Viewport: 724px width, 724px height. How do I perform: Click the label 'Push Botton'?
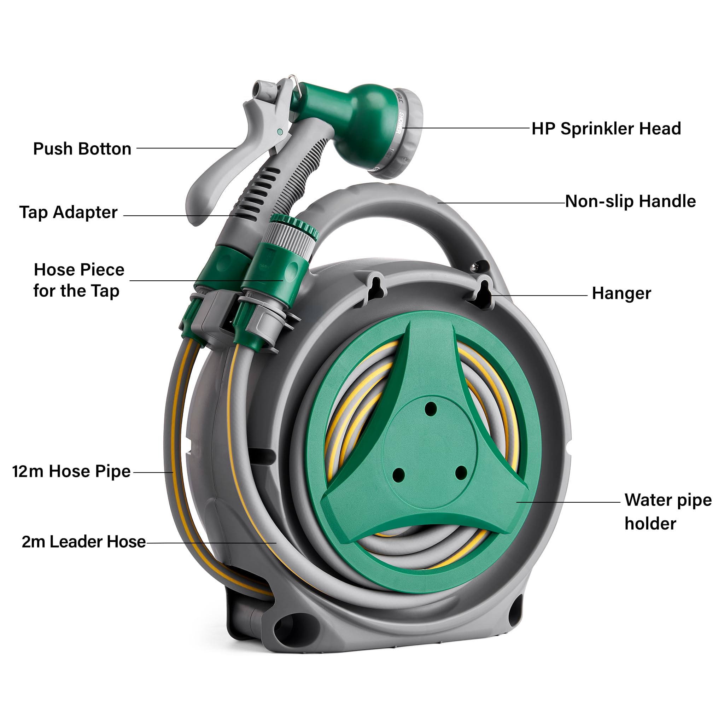(82, 149)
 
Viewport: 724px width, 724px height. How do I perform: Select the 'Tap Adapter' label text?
(68, 212)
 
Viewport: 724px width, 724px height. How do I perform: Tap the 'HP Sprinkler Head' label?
(606, 129)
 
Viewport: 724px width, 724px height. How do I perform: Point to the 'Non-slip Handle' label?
(630, 201)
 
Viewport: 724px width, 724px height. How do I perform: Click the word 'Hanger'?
(621, 293)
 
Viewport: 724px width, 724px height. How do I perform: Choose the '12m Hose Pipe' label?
(71, 472)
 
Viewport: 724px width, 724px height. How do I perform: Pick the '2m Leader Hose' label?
(83, 542)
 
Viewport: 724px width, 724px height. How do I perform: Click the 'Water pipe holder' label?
(668, 512)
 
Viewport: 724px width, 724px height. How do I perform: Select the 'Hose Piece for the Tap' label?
(79, 280)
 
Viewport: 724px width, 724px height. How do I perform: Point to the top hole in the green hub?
(431, 408)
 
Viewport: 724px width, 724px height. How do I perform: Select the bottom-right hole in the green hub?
(461, 473)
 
